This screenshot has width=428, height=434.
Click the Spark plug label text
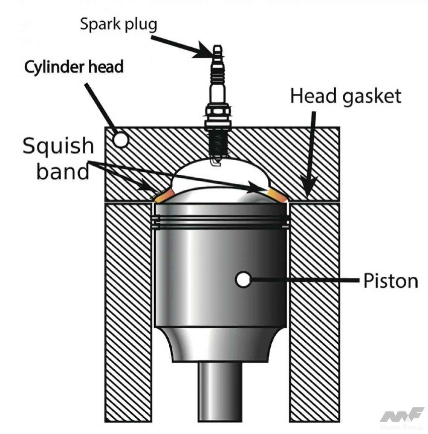point(118,24)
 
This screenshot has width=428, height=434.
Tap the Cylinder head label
point(74,67)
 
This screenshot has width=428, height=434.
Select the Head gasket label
point(345,96)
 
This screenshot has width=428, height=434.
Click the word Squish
point(58,146)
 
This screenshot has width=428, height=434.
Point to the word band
point(63,172)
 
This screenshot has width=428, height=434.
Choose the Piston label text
point(391,281)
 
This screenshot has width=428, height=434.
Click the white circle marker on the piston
point(243,279)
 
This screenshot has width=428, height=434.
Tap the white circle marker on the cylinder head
point(120,140)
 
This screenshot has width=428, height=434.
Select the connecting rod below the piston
point(220,392)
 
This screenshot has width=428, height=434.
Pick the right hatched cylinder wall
point(315,311)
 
